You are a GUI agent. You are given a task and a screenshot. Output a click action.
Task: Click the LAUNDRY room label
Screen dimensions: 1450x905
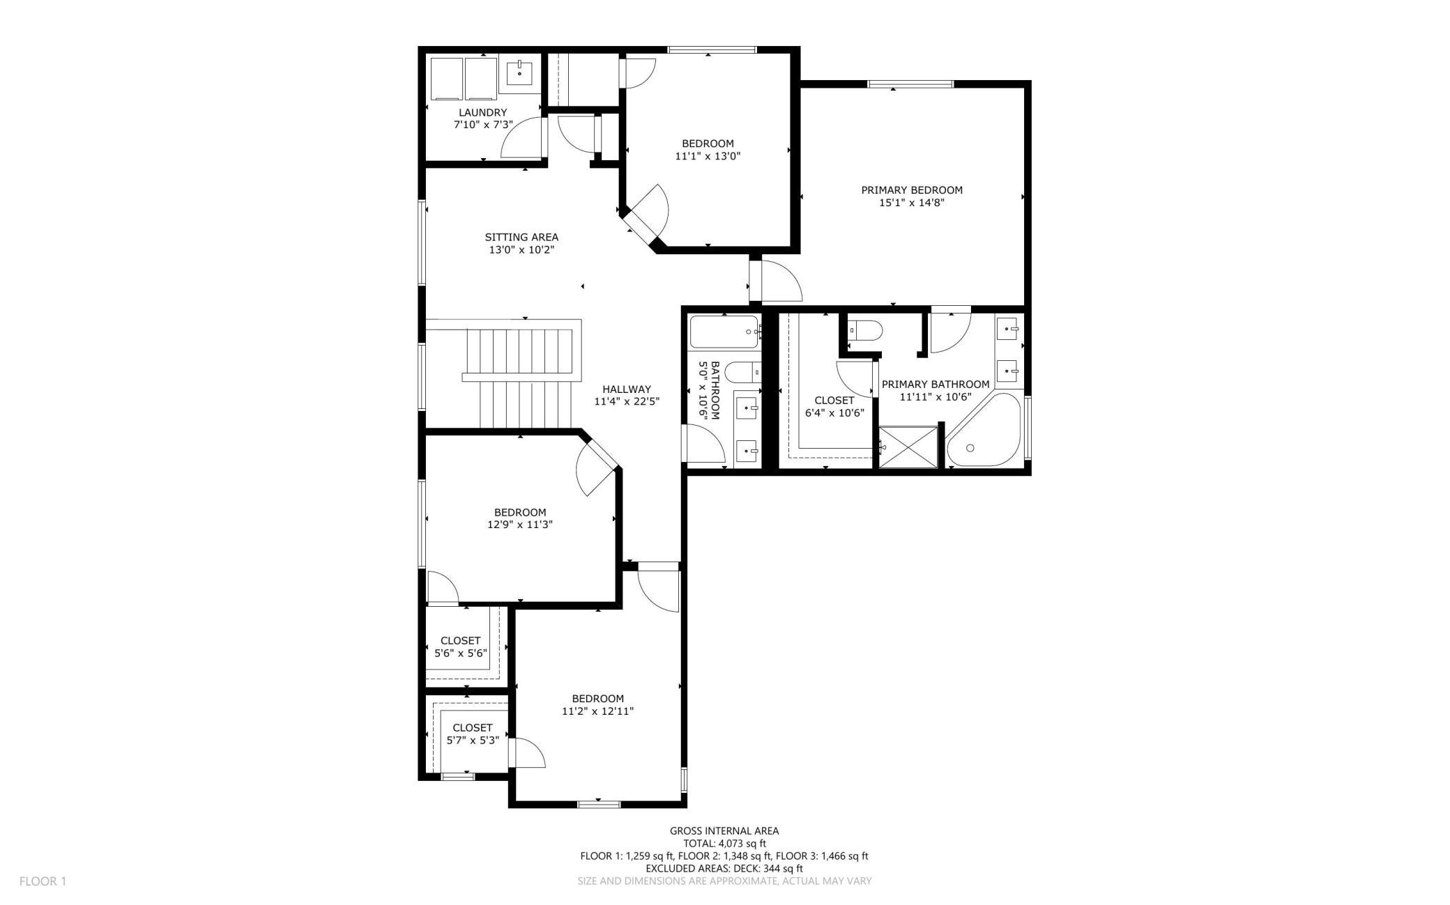[x=482, y=112]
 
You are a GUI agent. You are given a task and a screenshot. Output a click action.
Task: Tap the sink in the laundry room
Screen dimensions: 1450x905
[x=519, y=72]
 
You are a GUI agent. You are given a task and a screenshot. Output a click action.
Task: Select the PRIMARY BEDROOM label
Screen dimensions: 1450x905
[x=912, y=189]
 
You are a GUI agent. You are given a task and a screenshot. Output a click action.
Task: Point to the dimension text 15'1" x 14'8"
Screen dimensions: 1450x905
[x=912, y=203]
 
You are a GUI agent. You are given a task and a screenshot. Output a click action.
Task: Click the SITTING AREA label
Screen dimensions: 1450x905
[x=521, y=237]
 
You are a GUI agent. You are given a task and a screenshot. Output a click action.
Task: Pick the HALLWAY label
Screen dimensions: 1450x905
[x=627, y=389]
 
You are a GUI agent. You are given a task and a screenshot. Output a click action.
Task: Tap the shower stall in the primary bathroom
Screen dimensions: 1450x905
[x=908, y=447]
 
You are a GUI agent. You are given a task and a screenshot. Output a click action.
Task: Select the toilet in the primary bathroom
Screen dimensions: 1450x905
[x=865, y=330]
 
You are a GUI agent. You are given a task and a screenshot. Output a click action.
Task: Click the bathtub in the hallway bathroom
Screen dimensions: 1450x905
[x=724, y=332]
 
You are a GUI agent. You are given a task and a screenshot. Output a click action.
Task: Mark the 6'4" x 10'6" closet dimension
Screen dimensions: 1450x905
[x=834, y=412]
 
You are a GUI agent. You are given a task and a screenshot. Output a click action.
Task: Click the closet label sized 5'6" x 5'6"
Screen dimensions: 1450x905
[x=461, y=641]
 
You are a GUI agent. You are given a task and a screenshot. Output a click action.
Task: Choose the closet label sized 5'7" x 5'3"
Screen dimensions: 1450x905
[x=473, y=728]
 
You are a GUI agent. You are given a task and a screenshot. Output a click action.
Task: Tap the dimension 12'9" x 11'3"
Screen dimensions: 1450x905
[x=520, y=525]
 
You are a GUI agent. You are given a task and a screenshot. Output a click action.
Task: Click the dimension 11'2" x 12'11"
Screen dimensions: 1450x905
[x=597, y=711]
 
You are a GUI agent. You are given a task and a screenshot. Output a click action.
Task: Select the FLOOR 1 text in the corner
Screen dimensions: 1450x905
[x=43, y=881]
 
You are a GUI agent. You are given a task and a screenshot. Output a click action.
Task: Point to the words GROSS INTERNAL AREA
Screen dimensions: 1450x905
[x=724, y=830]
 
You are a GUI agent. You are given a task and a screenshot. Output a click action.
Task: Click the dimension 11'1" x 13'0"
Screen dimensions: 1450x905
[x=708, y=157]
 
